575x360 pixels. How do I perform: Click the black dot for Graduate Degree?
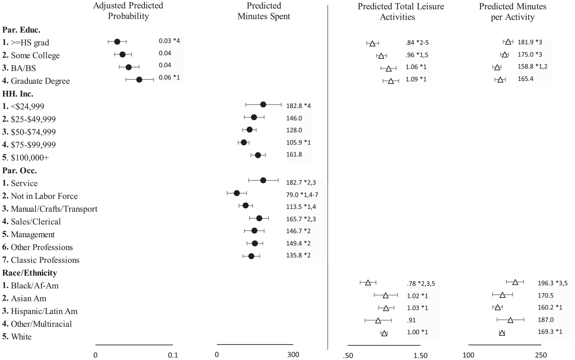coord(139,80)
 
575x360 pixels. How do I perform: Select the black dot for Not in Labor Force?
coord(237,193)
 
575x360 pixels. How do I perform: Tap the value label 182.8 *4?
coord(299,106)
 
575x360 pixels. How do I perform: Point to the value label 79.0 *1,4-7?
coord(302,195)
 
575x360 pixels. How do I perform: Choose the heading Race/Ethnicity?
coord(29,273)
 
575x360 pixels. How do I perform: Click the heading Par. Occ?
coord(20,170)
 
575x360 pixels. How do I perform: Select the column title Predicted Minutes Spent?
coord(264,11)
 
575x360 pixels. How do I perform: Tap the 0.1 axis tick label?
coord(173,355)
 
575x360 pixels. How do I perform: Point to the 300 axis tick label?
coord(293,355)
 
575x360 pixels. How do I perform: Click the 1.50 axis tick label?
coord(421,355)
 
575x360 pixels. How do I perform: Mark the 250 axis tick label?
coord(541,355)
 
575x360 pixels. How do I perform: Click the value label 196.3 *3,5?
coord(553,283)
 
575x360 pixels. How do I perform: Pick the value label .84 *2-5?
coord(417,43)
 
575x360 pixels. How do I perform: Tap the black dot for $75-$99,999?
coord(244,142)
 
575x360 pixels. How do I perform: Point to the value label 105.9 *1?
coord(299,142)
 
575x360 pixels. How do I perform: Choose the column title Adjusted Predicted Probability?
coord(128,11)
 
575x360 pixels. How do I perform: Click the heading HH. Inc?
coord(18,94)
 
